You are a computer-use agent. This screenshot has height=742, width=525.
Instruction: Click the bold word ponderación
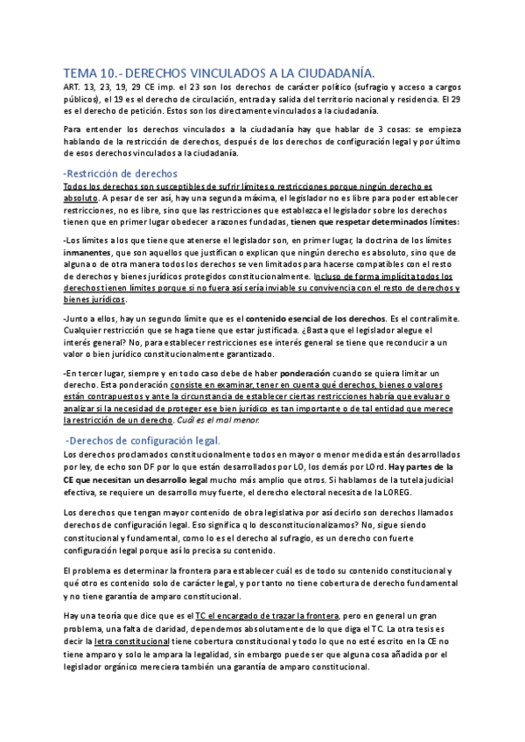click(x=307, y=373)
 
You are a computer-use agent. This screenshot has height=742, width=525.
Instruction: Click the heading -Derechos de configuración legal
click(x=144, y=439)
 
